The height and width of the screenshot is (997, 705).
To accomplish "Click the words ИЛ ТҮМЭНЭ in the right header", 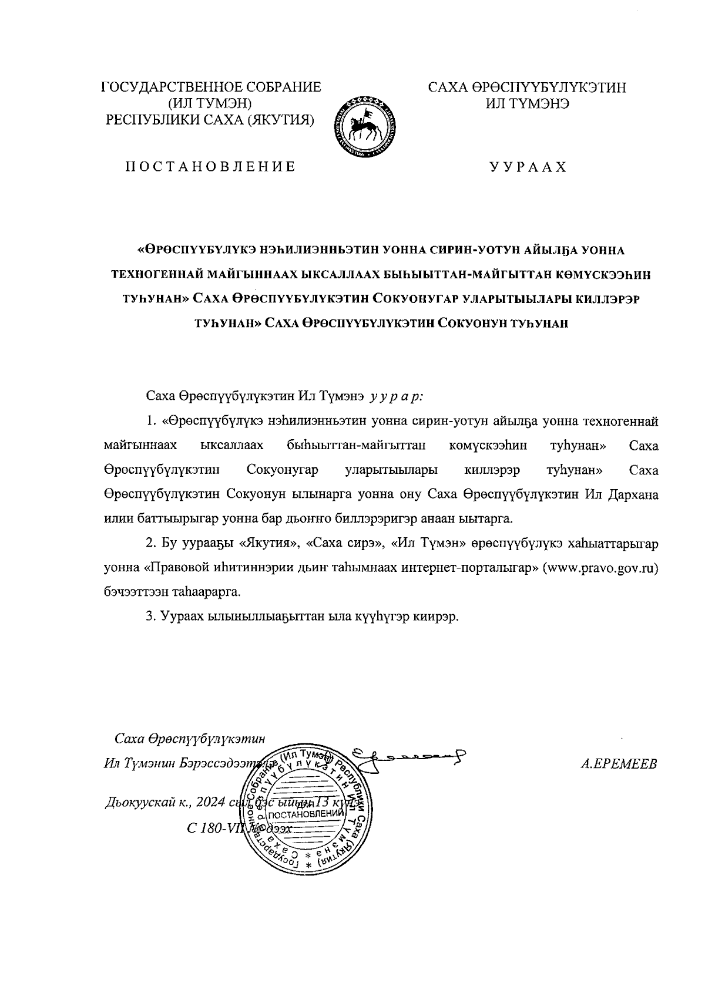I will [527, 103].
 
